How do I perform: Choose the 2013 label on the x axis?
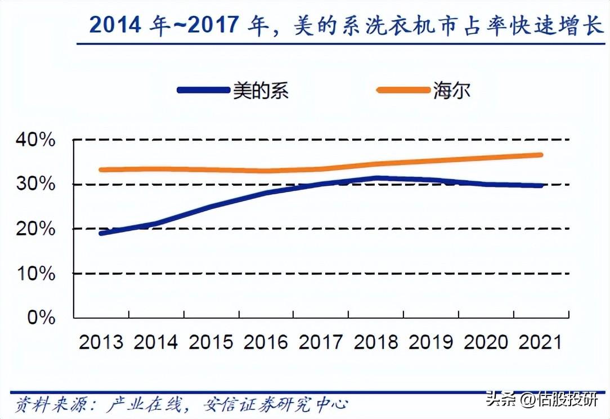click(x=101, y=342)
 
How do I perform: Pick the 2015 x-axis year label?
click(x=211, y=342)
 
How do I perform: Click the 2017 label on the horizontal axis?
click(x=321, y=342)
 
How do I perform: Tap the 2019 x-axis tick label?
click(x=430, y=342)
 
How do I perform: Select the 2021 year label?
click(x=540, y=342)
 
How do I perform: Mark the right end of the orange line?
click(x=541, y=154)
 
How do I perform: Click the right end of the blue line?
click(x=541, y=185)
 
